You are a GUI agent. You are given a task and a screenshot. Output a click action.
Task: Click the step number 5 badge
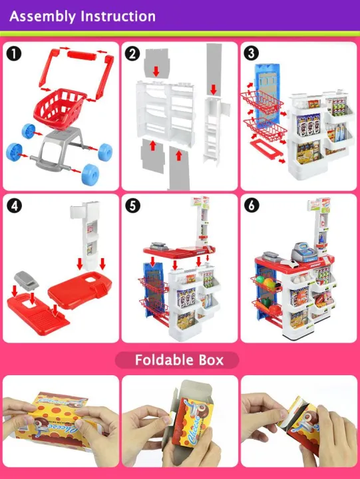[133, 205]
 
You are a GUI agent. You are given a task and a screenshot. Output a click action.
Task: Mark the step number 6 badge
[251, 205]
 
